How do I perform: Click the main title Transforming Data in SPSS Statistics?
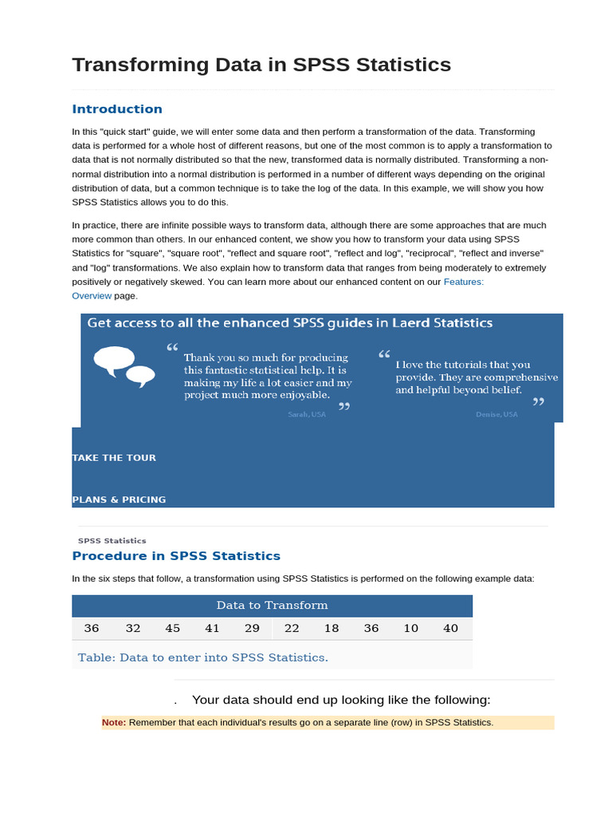(x=261, y=65)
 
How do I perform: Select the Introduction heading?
(x=117, y=109)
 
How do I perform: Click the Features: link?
(x=464, y=282)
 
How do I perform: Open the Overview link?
(x=91, y=295)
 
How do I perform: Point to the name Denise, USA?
(x=496, y=415)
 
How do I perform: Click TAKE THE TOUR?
(x=114, y=458)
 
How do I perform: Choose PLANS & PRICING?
(x=119, y=499)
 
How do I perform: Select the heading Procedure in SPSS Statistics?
(x=176, y=556)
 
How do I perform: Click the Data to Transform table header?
(x=272, y=606)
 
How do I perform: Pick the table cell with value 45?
(x=173, y=629)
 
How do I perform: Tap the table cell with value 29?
(x=253, y=629)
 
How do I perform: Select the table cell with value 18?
(x=331, y=629)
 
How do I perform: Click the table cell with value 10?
(x=411, y=629)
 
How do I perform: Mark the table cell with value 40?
(x=451, y=629)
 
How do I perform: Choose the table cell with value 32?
(x=133, y=629)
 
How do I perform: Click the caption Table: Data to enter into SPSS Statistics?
(x=203, y=658)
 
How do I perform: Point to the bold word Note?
(x=114, y=723)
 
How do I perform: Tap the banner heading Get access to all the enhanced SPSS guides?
(x=289, y=323)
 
